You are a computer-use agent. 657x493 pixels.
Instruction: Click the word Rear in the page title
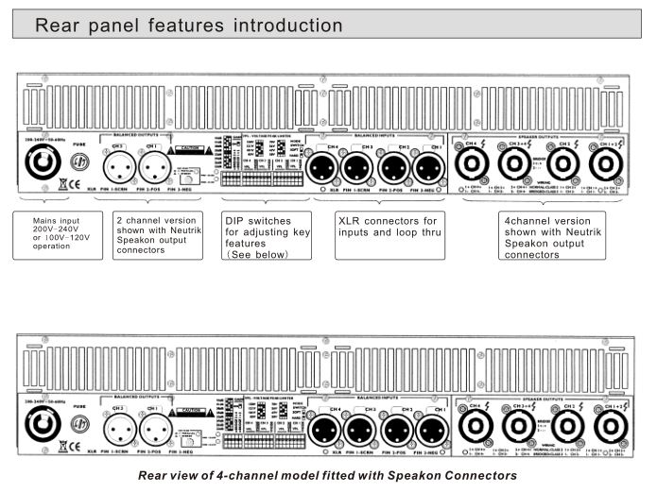point(60,25)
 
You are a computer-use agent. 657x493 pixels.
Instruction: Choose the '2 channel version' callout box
point(158,235)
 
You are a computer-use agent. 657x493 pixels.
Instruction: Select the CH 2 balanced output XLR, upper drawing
point(117,167)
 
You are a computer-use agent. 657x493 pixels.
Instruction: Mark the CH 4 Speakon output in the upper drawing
point(470,165)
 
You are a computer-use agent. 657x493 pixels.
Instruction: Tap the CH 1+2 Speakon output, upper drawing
point(606,165)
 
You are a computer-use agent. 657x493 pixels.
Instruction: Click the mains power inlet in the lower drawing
point(43,427)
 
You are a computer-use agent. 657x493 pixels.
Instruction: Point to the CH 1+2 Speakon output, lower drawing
point(610,428)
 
